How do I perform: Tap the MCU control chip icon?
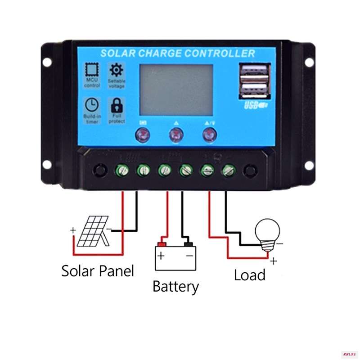click(92, 70)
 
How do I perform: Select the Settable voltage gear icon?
click(117, 70)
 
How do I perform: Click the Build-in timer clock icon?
click(92, 105)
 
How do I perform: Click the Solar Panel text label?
click(98, 271)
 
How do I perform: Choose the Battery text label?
click(175, 286)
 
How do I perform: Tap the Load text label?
click(249, 274)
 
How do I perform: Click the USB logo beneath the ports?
click(256, 106)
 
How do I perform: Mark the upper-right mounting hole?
click(309, 63)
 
